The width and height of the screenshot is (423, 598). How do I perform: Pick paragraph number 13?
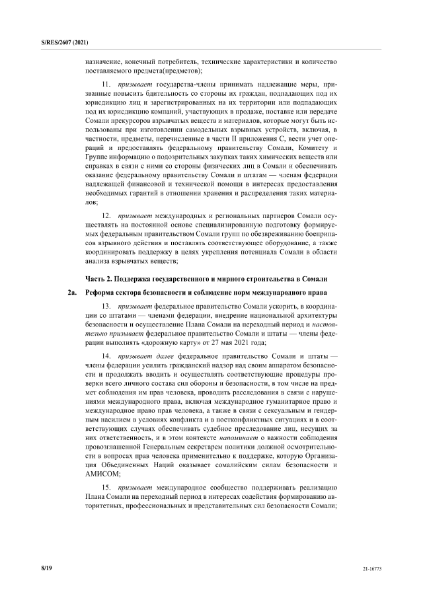click(x=106, y=307)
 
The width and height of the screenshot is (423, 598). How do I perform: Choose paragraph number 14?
click(x=106, y=355)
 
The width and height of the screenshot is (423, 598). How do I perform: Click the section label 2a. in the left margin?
click(x=72, y=292)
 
